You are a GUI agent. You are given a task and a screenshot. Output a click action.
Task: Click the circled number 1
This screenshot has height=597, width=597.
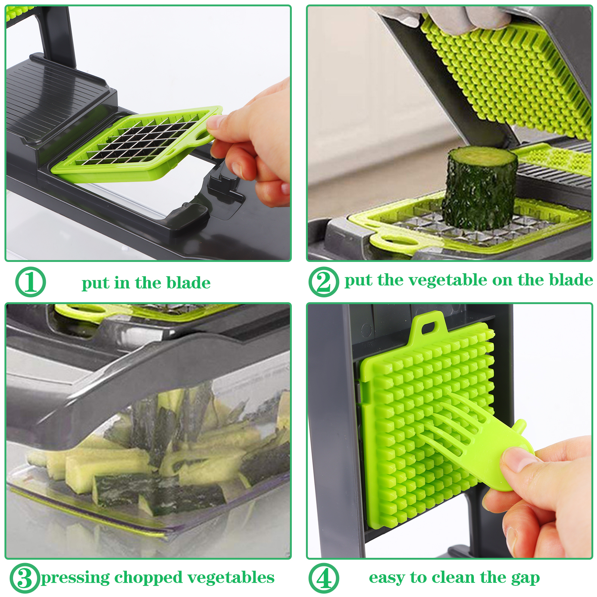[31, 282]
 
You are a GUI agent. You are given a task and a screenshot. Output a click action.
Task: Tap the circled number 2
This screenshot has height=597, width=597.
[324, 282]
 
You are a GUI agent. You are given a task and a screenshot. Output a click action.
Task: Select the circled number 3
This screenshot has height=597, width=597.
[25, 578]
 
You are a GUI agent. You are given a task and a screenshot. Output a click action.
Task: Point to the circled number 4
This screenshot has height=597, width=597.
[324, 578]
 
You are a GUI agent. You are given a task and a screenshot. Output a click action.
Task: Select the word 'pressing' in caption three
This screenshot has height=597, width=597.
[75, 578]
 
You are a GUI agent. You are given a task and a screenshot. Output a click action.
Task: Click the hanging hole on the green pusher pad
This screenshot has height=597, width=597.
[428, 327]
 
